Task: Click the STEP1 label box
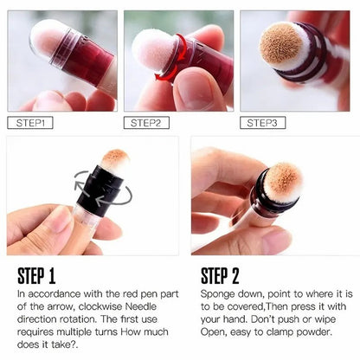coord(30,123)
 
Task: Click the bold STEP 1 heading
coord(36,276)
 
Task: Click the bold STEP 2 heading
coord(221,276)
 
